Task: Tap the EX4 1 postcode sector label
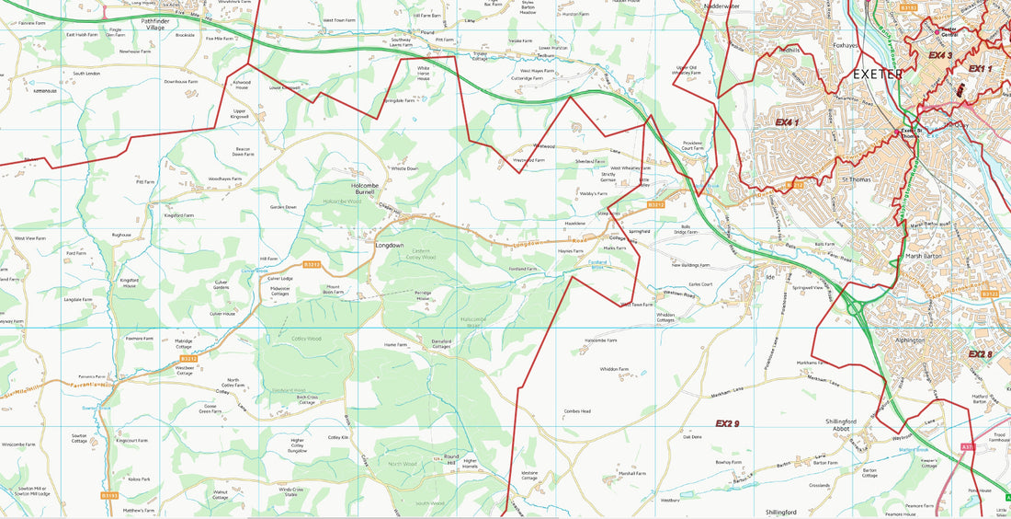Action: click(788, 121)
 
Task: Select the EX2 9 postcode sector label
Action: click(728, 423)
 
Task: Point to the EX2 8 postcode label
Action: click(981, 354)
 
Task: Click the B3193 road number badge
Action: click(109, 495)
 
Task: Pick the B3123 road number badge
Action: click(989, 294)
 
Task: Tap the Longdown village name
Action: click(389, 246)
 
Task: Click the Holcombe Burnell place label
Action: click(365, 189)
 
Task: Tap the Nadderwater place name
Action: click(721, 6)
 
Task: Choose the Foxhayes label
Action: click(846, 41)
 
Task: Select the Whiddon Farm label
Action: click(614, 369)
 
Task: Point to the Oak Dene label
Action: click(692, 437)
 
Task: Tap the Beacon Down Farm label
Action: click(243, 152)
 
